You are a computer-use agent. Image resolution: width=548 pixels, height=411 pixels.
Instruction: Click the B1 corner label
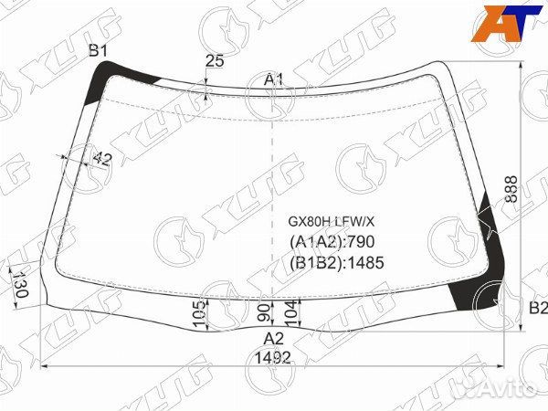click(x=98, y=51)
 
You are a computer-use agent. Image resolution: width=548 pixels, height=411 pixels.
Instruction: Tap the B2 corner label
click(x=538, y=308)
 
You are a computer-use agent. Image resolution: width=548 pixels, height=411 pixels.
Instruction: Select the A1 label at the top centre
click(x=273, y=80)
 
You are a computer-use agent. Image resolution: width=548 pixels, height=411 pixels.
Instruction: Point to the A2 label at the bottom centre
click(x=273, y=339)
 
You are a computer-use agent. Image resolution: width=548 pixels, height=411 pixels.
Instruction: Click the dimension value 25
click(x=215, y=61)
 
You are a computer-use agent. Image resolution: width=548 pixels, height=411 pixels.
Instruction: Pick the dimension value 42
click(x=102, y=159)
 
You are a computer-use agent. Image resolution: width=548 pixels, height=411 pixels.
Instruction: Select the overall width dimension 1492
click(x=273, y=357)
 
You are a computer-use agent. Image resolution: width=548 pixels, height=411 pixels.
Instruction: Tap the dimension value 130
click(x=20, y=283)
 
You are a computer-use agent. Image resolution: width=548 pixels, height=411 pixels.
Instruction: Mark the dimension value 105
click(x=200, y=313)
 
